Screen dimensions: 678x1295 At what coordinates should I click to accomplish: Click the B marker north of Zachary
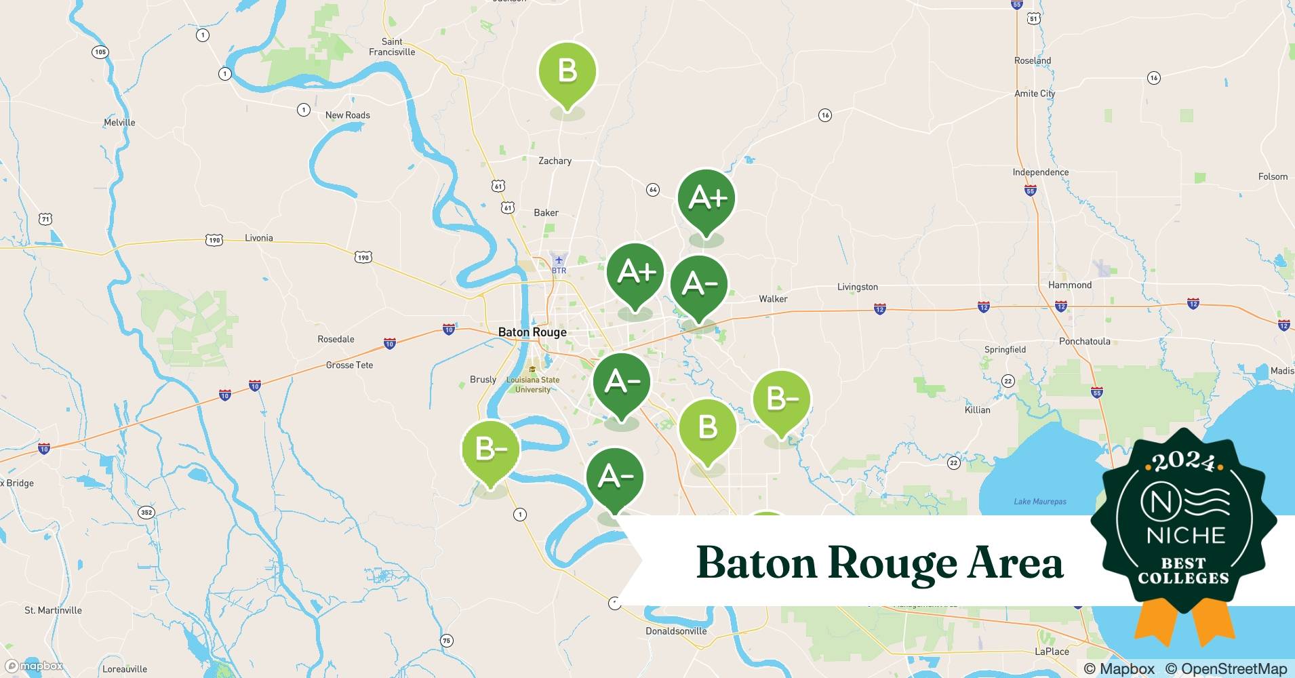pos(567,71)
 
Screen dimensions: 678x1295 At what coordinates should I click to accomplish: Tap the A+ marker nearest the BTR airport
pos(635,273)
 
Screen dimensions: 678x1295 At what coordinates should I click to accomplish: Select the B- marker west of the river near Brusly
pos(490,450)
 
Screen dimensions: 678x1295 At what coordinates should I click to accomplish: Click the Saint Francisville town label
pos(392,47)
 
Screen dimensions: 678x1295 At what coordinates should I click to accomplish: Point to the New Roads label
pos(347,115)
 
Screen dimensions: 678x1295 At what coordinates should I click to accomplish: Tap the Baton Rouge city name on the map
pos(532,332)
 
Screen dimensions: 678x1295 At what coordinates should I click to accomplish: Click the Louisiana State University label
pos(533,384)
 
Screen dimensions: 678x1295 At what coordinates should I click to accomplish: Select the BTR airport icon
pos(559,260)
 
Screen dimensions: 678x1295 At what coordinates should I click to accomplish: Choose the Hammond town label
pos(1070,285)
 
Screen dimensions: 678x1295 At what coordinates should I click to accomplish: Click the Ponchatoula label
pos(1084,341)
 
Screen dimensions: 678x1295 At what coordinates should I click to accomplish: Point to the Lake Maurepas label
pos(1039,502)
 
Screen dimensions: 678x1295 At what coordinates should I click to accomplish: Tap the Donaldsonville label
pos(675,631)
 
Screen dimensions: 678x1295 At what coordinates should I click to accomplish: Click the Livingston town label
pos(857,287)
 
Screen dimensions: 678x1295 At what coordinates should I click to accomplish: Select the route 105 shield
pos(100,52)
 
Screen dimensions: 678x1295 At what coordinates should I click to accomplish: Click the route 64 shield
pos(653,190)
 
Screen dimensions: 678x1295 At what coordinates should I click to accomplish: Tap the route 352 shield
pos(146,513)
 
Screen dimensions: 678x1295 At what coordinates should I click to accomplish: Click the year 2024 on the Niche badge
pos(1183,462)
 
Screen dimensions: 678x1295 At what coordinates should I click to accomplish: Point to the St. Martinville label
pos(53,610)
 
